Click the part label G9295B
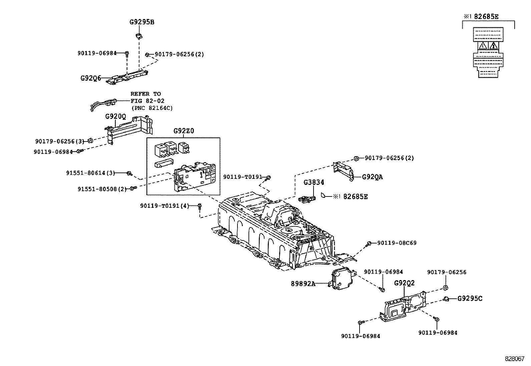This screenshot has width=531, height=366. [142, 22]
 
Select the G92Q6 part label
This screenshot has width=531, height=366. [91, 78]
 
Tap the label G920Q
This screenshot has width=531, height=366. [116, 117]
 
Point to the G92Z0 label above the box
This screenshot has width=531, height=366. [184, 131]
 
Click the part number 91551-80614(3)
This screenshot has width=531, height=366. [90, 173]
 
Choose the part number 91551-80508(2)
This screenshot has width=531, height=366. [102, 189]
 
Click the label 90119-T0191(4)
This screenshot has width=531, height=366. [165, 206]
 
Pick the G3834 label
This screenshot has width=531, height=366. [314, 182]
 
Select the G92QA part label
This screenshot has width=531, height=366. [373, 177]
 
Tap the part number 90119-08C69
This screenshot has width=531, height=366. [397, 243]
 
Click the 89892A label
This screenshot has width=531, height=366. [303, 284]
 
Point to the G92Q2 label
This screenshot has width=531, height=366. [404, 283]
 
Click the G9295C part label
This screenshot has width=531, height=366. [470, 298]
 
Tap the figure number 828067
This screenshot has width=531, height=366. [515, 359]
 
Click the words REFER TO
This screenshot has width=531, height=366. [145, 94]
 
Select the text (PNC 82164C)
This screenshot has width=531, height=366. [152, 108]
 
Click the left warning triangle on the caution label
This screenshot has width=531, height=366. [483, 46]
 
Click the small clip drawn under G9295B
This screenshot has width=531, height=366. [139, 36]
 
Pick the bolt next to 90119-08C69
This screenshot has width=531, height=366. [369, 243]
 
